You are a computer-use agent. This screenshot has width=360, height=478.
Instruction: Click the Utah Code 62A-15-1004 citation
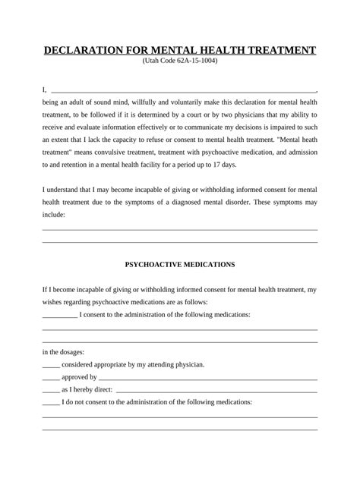pos(179,61)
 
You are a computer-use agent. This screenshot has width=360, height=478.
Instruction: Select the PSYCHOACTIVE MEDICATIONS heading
pos(179,265)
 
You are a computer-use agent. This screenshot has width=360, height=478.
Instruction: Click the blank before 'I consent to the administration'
pos(59,314)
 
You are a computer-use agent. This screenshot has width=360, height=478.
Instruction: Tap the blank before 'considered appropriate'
pos(50,364)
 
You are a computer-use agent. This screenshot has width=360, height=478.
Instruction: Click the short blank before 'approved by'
pos(50,377)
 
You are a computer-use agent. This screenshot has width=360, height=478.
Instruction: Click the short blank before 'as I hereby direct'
pos(50,389)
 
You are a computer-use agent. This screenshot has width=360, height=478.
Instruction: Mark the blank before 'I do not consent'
pos(50,402)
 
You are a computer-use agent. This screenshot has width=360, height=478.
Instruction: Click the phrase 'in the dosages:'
pos(63,352)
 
